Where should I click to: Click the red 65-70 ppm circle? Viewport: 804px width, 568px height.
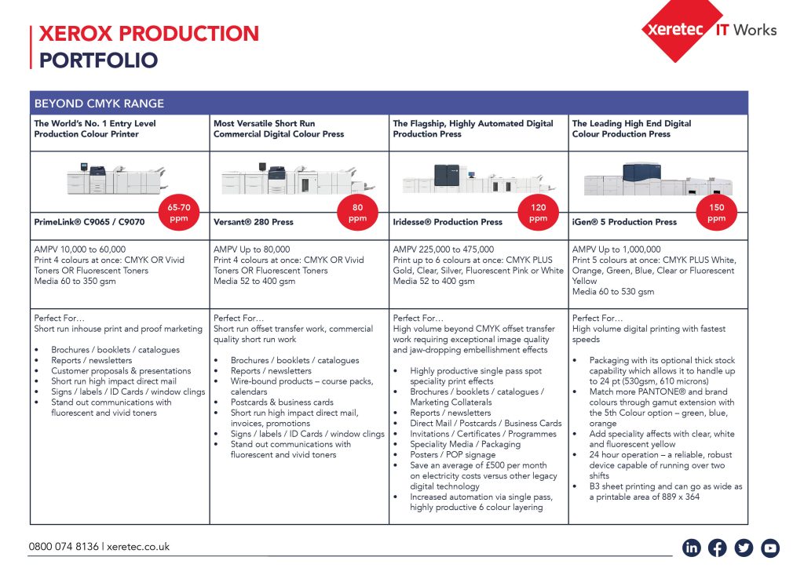coord(178,213)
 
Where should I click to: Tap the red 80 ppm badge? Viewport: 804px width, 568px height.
coord(357,213)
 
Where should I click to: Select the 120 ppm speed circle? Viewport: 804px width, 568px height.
coord(538,213)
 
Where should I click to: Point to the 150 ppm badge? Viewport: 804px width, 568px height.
coord(716,213)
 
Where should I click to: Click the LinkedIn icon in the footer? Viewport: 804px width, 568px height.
coord(692,548)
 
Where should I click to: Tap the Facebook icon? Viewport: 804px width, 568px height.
coord(718,548)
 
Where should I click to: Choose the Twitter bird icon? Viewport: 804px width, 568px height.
coord(744,548)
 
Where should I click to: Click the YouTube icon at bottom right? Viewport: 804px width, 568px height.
coord(770,548)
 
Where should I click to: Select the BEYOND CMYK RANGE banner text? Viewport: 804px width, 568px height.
coord(99,104)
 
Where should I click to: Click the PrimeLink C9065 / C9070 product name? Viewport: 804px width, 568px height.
coord(89,222)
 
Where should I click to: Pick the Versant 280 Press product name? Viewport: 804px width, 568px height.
coord(253,222)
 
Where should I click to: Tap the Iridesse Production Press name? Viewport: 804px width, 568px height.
coord(448,222)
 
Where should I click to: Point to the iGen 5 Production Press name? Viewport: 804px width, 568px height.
coord(624,222)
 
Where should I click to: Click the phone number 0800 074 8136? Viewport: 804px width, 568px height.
coord(64,547)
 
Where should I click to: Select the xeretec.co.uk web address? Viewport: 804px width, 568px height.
coord(137,547)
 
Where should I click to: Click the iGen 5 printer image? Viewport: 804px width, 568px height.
coord(644,180)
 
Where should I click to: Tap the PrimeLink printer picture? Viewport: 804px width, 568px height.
coord(116,180)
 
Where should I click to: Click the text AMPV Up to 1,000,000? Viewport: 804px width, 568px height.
coord(616,249)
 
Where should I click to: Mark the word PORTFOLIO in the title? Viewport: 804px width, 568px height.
coord(98,60)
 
